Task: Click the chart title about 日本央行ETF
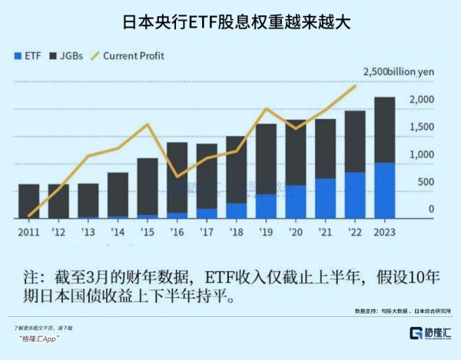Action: point(230,21)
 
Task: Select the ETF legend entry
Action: point(28,56)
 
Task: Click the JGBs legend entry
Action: point(65,56)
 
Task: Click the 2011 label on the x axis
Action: point(28,232)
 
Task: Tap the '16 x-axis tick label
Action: point(176,232)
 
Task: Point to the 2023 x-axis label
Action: point(383,232)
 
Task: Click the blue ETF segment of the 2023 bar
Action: point(383,190)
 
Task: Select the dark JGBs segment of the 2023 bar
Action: point(383,130)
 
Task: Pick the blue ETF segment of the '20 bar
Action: point(294,201)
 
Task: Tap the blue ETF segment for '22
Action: point(353,195)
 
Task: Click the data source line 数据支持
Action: point(399,311)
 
